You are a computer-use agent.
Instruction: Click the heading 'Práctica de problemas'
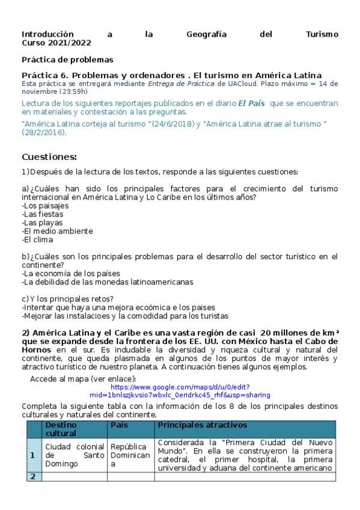click(x=67, y=60)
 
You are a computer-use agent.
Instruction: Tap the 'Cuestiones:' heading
click(x=49, y=157)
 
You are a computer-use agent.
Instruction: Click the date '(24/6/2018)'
click(x=171, y=124)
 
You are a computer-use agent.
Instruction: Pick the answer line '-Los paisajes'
click(x=45, y=206)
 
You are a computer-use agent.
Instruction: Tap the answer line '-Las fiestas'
click(x=42, y=214)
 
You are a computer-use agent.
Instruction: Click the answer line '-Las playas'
click(x=42, y=223)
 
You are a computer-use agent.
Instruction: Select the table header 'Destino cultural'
click(x=61, y=429)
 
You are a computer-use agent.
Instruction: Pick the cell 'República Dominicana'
click(x=129, y=455)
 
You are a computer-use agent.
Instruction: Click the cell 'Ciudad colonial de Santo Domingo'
click(x=70, y=455)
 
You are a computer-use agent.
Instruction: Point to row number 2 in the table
click(x=32, y=476)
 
